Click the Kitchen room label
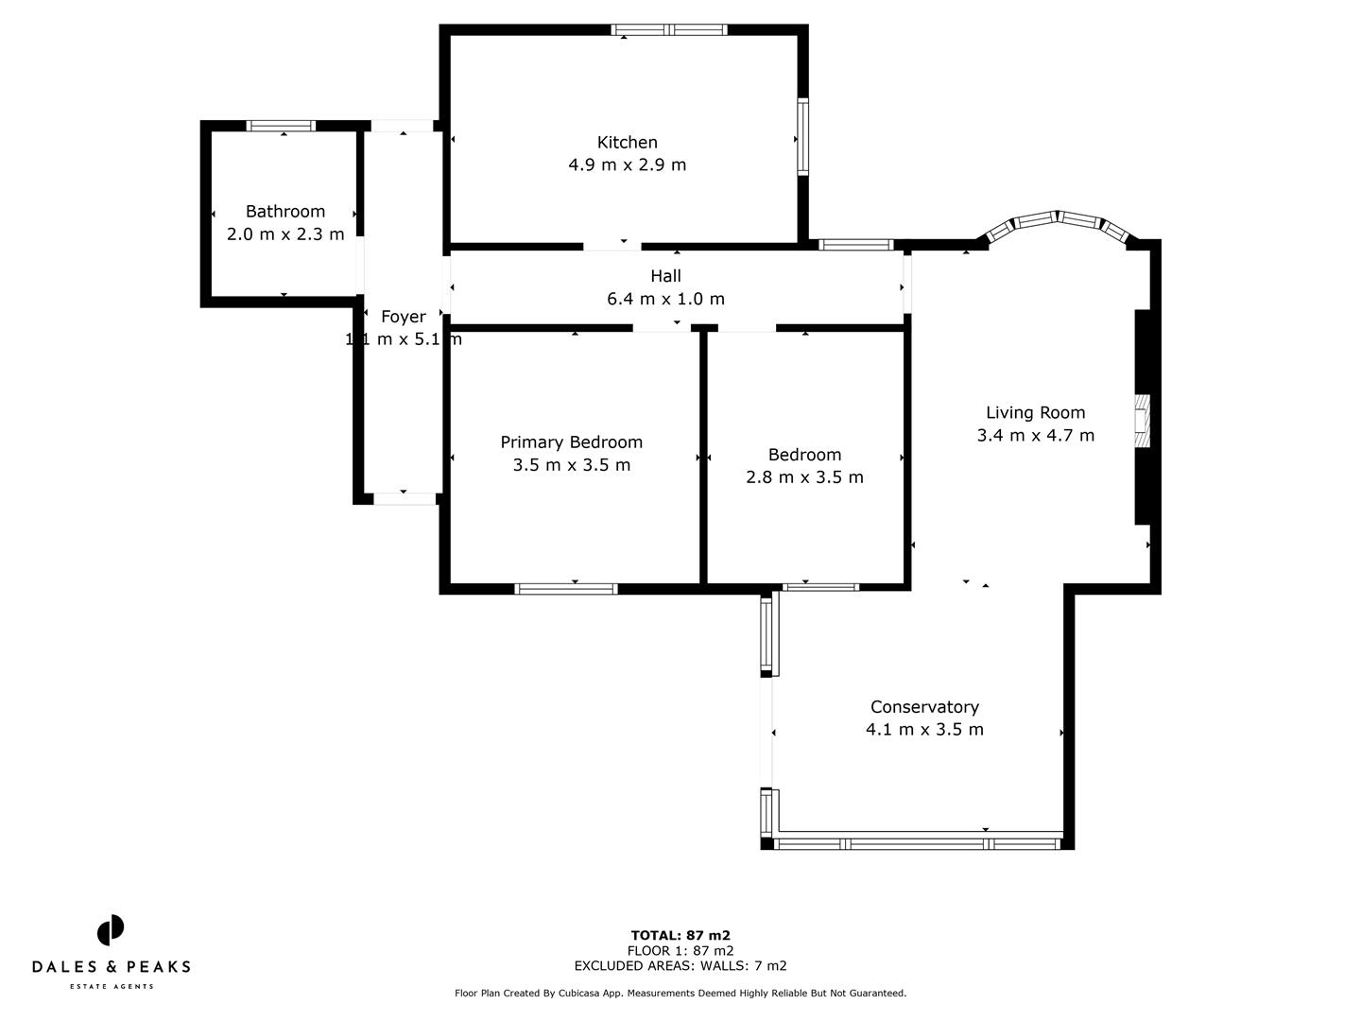(627, 142)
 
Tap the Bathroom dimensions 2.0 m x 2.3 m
(285, 234)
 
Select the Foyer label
(403, 317)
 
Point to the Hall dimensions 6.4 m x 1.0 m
(665, 299)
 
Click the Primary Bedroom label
(571, 441)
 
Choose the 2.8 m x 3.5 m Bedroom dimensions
(804, 476)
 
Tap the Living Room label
(1035, 412)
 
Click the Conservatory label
(924, 706)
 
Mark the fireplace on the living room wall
(1142, 420)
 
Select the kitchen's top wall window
(669, 29)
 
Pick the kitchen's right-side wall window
(802, 137)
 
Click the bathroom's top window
(281, 125)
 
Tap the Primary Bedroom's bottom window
(566, 588)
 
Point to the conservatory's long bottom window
(917, 841)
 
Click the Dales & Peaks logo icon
(111, 930)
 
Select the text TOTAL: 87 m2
(680, 935)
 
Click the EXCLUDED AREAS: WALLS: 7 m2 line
(680, 965)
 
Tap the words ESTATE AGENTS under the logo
(111, 986)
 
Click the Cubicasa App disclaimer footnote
(680, 993)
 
